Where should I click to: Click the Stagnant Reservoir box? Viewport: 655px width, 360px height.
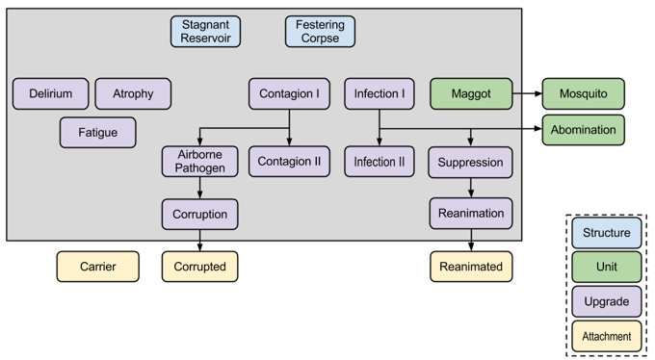pos(206,32)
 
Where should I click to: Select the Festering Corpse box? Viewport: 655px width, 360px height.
pos(320,32)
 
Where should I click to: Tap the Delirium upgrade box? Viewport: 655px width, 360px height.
pos(50,93)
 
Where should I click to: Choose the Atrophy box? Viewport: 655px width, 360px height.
pos(133,93)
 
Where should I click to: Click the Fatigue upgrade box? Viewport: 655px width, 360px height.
pos(97,132)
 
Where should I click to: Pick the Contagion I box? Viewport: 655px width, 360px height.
pos(290,93)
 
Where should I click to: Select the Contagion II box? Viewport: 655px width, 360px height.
pos(290,162)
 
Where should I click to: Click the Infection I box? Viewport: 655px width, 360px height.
pos(379,93)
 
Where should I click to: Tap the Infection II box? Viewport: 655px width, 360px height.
pos(379,162)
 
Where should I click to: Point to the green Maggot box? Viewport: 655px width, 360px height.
pos(471,93)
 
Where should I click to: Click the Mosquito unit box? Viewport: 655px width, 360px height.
pos(583,93)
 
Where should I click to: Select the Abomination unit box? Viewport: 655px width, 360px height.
pos(583,130)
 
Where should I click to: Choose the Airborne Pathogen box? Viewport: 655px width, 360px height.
pos(200,162)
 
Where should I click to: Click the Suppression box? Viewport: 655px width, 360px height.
pos(470,162)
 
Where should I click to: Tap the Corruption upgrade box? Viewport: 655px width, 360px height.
pos(200,213)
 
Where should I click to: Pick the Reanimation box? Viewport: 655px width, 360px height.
pos(470,213)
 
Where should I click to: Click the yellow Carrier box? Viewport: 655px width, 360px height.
pos(97,267)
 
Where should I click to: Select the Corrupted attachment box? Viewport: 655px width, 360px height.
pos(200,267)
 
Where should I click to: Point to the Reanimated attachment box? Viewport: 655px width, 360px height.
pos(470,267)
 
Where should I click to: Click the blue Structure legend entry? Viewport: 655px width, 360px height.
pos(607,233)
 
